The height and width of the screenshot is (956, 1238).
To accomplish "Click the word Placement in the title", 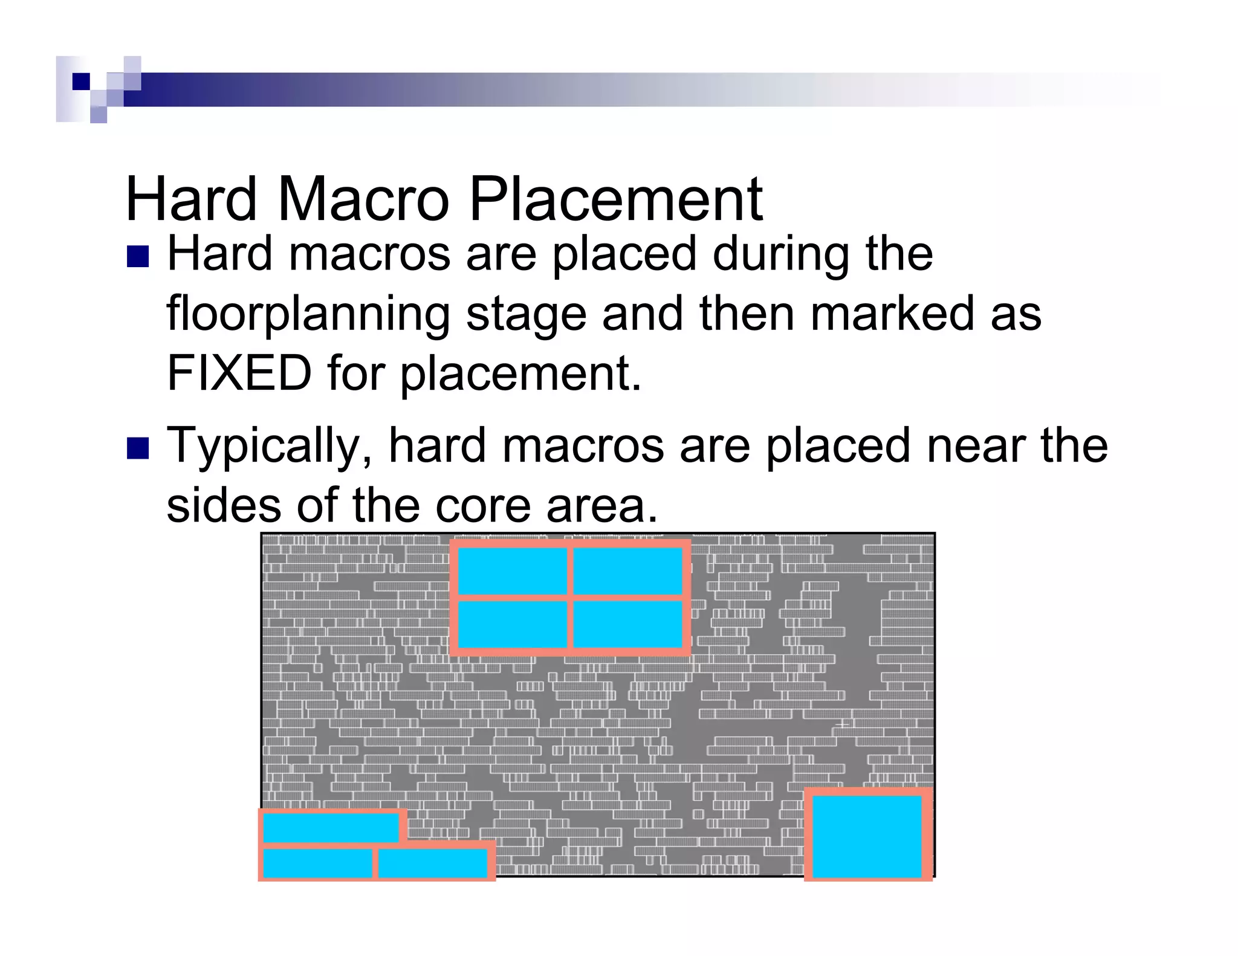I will (615, 199).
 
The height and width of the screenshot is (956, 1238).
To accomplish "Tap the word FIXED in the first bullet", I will (239, 373).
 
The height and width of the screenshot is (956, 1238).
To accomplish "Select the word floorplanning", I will (308, 314).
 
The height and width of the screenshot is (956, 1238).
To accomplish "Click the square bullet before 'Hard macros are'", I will (138, 257).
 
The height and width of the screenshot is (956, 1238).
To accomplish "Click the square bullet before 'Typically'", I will (138, 448).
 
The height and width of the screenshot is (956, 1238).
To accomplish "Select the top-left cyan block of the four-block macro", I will (512, 571).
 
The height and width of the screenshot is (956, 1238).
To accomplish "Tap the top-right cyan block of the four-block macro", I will (627, 571).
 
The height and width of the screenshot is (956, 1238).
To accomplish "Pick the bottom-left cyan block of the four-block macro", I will (512, 624).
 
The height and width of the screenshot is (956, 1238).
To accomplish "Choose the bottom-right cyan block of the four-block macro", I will (627, 624).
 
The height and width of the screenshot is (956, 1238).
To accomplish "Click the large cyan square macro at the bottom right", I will (866, 836).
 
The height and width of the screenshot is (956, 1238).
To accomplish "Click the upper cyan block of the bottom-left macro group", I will (331, 827).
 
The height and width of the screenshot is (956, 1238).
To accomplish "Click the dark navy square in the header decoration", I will (81, 81).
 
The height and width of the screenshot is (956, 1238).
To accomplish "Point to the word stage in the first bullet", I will (526, 314).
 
